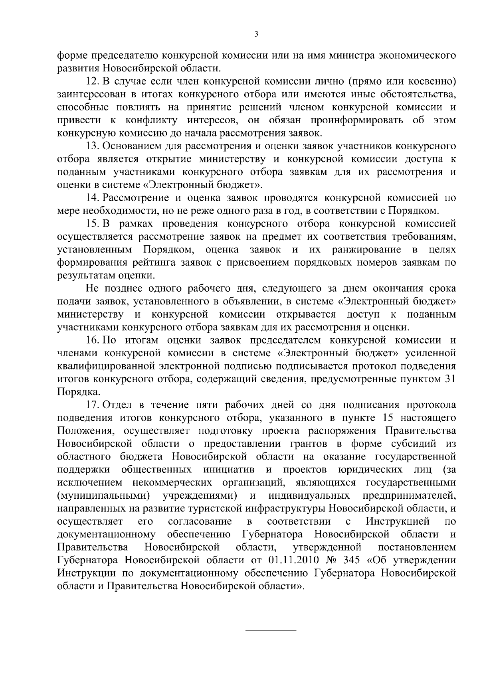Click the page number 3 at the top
pos(256,34)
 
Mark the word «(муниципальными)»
pos(104,495)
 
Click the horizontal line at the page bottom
pos(270,630)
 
